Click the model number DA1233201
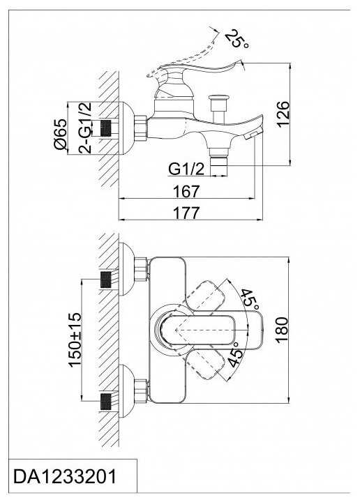(x=65, y=476)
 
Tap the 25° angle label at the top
(x=237, y=39)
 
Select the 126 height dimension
(x=283, y=114)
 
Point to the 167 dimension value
(x=186, y=191)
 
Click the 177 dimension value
(x=186, y=213)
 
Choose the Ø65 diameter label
(x=61, y=134)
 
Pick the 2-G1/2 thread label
(x=84, y=127)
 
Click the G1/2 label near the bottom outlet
(x=186, y=169)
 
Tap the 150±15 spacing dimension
(x=75, y=340)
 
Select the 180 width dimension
(x=282, y=330)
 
